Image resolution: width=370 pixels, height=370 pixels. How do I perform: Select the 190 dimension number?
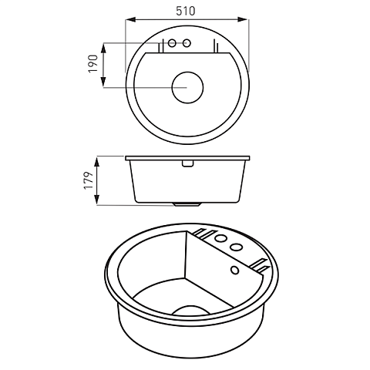click(93, 64)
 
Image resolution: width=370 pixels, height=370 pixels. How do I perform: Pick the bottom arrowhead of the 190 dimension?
click(104, 87)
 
